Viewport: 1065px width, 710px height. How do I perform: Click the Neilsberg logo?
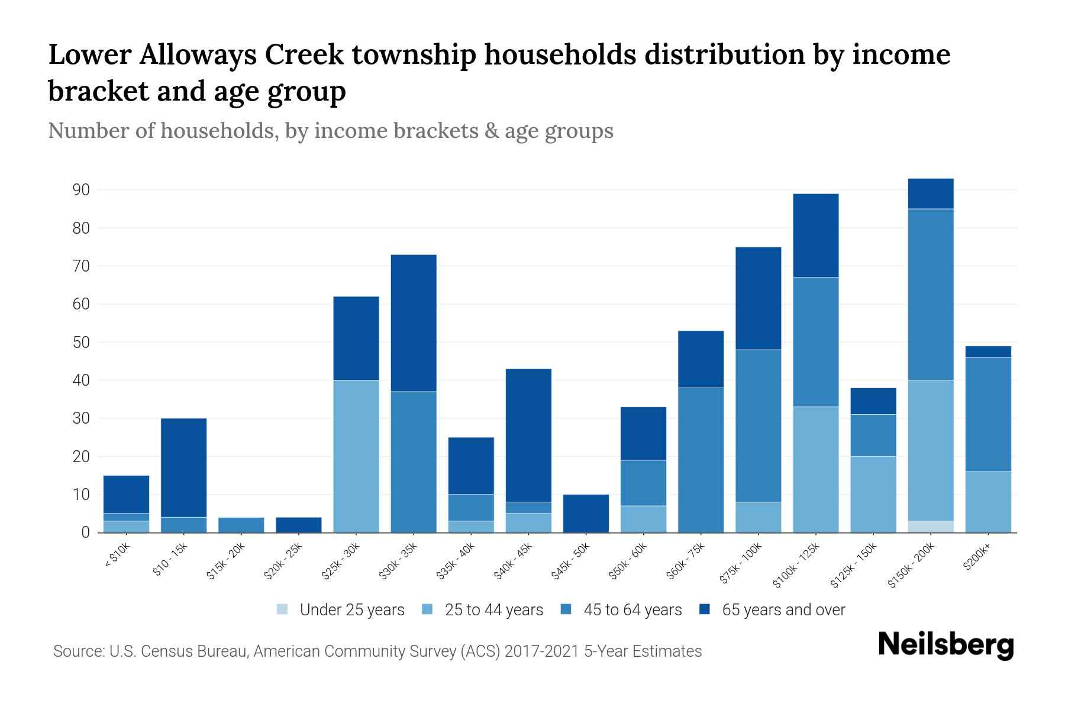pos(946,645)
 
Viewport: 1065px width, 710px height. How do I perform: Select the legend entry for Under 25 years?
pos(341,610)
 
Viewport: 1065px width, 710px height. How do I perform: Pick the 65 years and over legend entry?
pos(773,610)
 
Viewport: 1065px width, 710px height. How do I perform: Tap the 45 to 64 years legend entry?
pos(622,610)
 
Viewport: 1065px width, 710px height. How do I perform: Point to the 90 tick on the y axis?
pos(82,190)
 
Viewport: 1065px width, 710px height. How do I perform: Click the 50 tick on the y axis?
pos(82,343)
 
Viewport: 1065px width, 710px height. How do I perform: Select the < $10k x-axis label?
pos(117,557)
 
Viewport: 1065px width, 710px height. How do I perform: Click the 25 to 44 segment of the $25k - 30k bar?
pos(356,456)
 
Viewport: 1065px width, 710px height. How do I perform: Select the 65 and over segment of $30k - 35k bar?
pos(414,323)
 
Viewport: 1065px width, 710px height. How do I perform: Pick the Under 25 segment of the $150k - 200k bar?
pos(931,527)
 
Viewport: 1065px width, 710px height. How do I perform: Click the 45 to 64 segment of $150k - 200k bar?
pos(931,294)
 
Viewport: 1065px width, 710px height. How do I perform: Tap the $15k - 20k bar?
pos(241,525)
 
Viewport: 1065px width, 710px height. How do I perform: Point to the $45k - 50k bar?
pos(586,514)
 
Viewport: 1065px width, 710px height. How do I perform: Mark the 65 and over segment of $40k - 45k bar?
pos(528,435)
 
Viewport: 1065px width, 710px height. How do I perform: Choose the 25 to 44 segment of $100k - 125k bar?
pos(816,469)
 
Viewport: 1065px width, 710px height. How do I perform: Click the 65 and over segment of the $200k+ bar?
pos(988,352)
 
